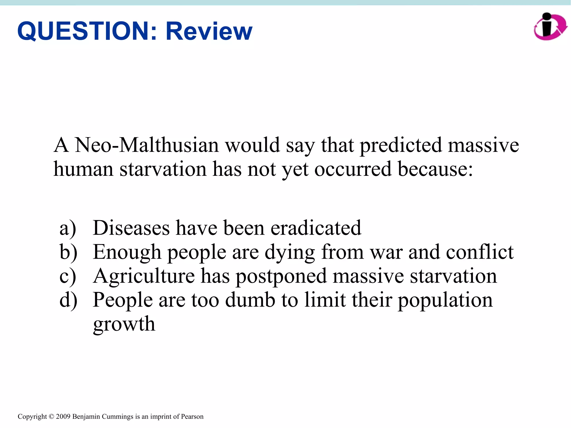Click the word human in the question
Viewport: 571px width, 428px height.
(x=83, y=169)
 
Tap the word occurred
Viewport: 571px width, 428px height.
(x=353, y=169)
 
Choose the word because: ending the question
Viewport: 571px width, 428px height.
(x=435, y=169)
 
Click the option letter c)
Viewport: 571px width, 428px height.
(x=68, y=276)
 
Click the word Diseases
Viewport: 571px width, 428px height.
(x=131, y=228)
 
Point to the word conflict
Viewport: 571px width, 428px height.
(x=480, y=252)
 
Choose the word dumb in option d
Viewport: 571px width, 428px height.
(x=250, y=300)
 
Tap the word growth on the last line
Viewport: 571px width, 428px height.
(x=124, y=324)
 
